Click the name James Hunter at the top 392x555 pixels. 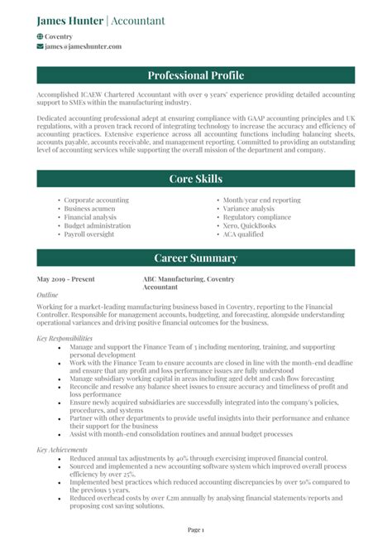coord(69,21)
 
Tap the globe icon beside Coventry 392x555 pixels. coord(41,37)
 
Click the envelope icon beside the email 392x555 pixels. coord(41,47)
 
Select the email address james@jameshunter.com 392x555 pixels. coord(83,47)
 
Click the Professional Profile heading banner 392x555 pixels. coord(196,76)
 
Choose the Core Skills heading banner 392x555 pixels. coord(196,179)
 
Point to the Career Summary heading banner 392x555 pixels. coord(196,258)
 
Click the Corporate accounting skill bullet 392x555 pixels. coord(96,200)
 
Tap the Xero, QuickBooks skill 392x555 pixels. coord(249,225)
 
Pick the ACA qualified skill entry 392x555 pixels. coord(243,234)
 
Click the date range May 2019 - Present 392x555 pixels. coord(66,279)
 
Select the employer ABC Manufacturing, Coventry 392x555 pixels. coord(188,279)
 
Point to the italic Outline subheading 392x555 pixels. coord(48,295)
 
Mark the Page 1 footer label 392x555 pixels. coord(196,528)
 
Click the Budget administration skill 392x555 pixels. coord(97,225)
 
